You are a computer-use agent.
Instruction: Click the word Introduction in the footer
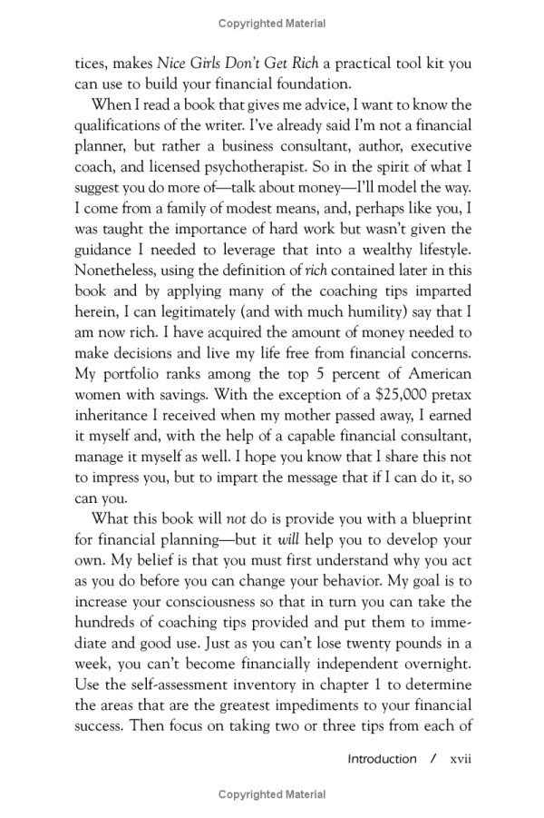pyautogui.click(x=382, y=758)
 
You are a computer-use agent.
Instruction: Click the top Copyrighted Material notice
pyautogui.click(x=272, y=23)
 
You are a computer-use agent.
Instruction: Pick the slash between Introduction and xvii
pyautogui.click(x=433, y=758)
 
